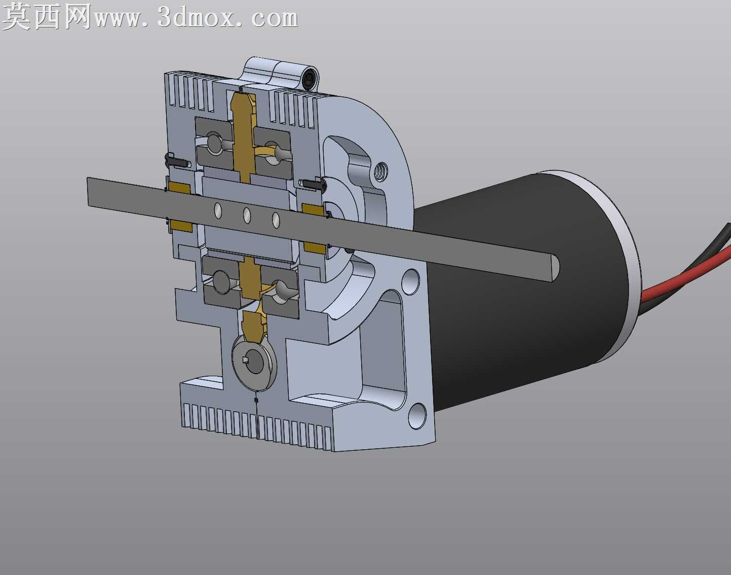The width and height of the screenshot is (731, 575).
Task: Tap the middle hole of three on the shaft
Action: [x=247, y=215]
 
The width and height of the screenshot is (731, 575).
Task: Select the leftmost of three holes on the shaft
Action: [x=218, y=211]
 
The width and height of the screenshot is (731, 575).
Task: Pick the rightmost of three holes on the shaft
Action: [x=276, y=220]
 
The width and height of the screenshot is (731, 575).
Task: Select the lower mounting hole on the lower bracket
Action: [x=417, y=415]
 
